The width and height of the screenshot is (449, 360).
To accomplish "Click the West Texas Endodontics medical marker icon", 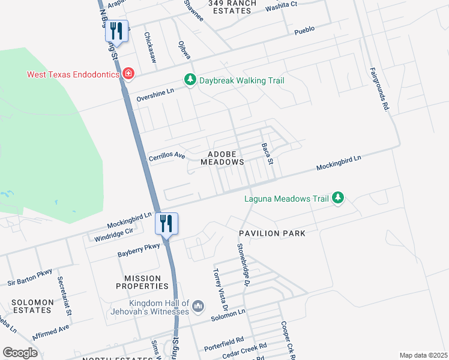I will (128, 74).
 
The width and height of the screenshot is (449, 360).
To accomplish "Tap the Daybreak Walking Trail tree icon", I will (190, 80).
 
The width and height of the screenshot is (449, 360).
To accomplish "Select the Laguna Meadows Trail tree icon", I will (339, 198).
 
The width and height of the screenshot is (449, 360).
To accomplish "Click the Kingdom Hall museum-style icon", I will (200, 307).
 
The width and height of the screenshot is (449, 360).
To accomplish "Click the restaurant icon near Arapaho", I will (116, 31).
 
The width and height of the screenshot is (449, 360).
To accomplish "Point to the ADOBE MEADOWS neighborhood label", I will (222, 158).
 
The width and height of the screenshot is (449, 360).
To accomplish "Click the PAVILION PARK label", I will (272, 233).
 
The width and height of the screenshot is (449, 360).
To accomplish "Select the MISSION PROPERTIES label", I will (142, 282).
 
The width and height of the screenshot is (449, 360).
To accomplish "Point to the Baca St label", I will (267, 154).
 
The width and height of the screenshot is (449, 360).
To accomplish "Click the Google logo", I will (20, 352).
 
